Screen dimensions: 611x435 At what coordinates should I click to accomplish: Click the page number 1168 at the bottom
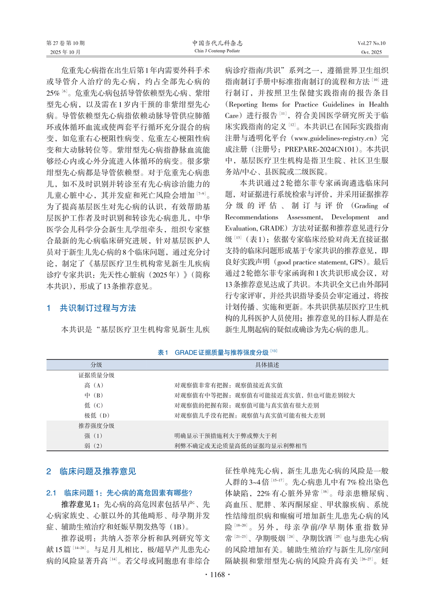[217, 574]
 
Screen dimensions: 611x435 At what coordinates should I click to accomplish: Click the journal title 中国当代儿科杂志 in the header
[217, 43]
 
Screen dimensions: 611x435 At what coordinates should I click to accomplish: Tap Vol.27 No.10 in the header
[371, 43]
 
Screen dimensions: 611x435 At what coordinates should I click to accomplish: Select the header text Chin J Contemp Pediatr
[217, 51]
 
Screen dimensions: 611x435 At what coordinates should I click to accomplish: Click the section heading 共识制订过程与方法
[97, 308]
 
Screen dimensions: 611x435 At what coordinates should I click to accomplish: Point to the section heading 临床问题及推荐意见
[97, 472]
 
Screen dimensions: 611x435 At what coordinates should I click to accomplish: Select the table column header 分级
[96, 365]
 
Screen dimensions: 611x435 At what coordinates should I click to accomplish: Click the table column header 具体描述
[267, 365]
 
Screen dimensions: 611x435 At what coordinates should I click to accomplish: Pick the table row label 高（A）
[94, 385]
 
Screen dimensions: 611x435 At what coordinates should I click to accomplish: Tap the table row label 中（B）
[94, 396]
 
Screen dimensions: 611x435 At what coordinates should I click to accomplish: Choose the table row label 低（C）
[94, 406]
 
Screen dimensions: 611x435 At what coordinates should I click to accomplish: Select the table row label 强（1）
[94, 436]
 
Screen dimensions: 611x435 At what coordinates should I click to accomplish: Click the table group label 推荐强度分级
[97, 426]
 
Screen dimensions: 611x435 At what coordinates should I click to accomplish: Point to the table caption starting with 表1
[217, 353]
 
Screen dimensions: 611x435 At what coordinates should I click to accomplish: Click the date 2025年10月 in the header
[65, 52]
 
